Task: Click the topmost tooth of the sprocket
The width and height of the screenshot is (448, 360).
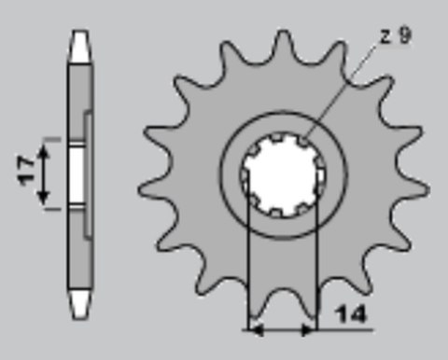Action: point(275,39)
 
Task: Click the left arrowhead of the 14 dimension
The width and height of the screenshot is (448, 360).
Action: point(252,328)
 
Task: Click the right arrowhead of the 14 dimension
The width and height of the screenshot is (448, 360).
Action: point(310,328)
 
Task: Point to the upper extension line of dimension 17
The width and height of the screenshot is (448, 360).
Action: point(54,139)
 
